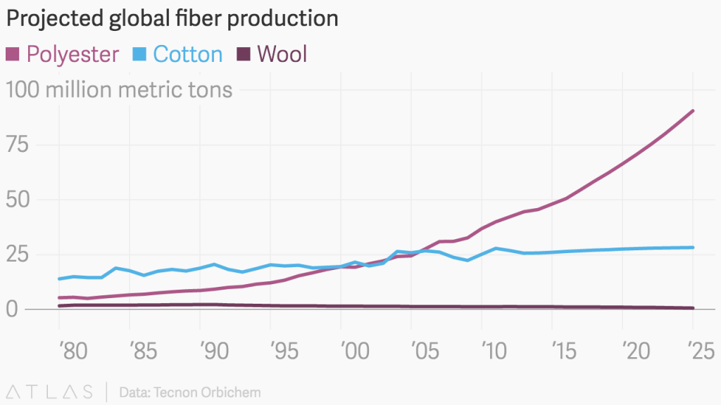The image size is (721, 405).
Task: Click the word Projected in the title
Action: pyautogui.click(x=55, y=19)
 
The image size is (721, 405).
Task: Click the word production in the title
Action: pyautogui.click(x=282, y=19)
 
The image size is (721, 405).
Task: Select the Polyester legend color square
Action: pyautogui.click(x=13, y=54)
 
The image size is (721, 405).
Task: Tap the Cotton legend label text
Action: pyautogui.click(x=187, y=54)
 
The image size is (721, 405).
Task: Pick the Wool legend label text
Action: pyautogui.click(x=282, y=54)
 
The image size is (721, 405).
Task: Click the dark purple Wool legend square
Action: pyautogui.click(x=243, y=54)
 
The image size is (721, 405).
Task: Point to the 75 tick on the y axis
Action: pyautogui.click(x=17, y=145)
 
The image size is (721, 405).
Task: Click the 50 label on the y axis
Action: pyautogui.click(x=18, y=199)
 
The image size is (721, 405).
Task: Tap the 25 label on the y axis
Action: pyautogui.click(x=18, y=254)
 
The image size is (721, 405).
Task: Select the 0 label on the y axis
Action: pyautogui.click(x=11, y=309)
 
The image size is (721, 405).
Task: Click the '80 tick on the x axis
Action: pyautogui.click(x=73, y=352)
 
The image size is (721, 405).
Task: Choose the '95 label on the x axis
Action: pyautogui.click(x=284, y=352)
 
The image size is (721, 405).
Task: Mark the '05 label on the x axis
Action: pyautogui.click(x=425, y=352)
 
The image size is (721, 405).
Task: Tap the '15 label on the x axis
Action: pyautogui.click(x=564, y=352)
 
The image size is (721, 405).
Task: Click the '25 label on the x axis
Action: pyautogui.click(x=701, y=352)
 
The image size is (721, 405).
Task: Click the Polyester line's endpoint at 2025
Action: pyautogui.click(x=693, y=111)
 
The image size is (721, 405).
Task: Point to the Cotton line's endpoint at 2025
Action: pyautogui.click(x=693, y=247)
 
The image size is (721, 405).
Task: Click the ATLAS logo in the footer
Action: pyautogui.click(x=49, y=392)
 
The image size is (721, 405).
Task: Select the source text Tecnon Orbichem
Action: pyautogui.click(x=207, y=392)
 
